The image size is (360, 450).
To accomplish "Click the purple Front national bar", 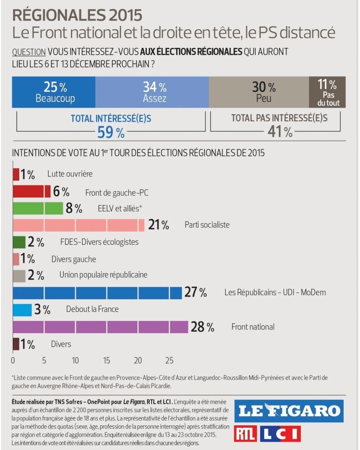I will point(101,327).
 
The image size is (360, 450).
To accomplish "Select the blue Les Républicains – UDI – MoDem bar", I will point(97,293).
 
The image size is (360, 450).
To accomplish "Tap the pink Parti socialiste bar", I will point(79,225).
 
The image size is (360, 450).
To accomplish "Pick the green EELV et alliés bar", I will point(38,208).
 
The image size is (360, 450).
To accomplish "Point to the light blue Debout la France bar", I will point(22,309).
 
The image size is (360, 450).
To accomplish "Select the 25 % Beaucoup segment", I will point(54,92).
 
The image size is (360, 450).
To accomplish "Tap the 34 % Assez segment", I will point(152,92).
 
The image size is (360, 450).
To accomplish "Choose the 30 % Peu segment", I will point(259,92).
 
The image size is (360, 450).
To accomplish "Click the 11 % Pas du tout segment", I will point(327,92).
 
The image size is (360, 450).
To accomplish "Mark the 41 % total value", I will point(280,132).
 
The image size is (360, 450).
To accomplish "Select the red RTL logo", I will point(245,434).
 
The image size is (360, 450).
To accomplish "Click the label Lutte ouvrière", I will point(70,174).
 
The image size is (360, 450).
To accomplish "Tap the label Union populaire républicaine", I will point(103,275).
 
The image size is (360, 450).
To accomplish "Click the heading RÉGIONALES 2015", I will point(77,15).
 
